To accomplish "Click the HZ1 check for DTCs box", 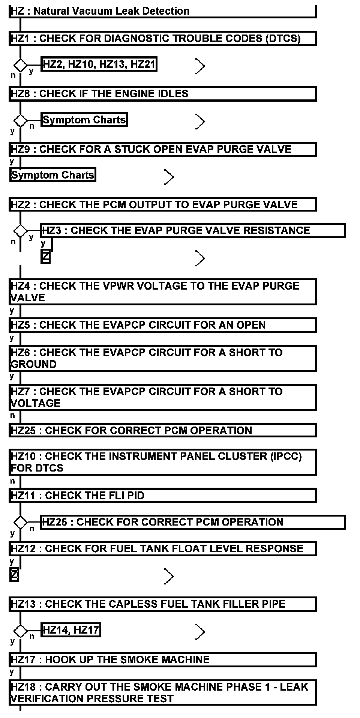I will pyautogui.click(x=162, y=39).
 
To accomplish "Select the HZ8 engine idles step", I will pyautogui.click(x=162, y=94).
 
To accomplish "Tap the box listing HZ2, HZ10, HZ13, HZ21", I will pyautogui.click(x=99, y=65).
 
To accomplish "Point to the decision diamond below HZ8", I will pyautogui.click(x=20, y=121).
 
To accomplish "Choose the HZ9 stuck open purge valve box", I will pyautogui.click(x=162, y=149).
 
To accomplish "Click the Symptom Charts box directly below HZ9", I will pyautogui.click(x=52, y=175).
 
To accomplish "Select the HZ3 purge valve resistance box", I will pyautogui.click(x=192, y=230).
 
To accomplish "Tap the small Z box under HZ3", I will pyautogui.click(x=45, y=257).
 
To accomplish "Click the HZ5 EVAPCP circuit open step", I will pyautogui.click(x=162, y=325).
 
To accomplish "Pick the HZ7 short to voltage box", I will pyautogui.click(x=162, y=397).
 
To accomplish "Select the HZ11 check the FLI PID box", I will pyautogui.click(x=162, y=496).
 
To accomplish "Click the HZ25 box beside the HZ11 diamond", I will pyautogui.click(x=192, y=522).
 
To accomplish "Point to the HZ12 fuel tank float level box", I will pyautogui.click(x=162, y=549).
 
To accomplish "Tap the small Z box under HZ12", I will pyautogui.click(x=14, y=574).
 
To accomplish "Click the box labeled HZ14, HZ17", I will pyautogui.click(x=70, y=630).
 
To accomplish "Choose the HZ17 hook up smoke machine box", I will pyautogui.click(x=162, y=659).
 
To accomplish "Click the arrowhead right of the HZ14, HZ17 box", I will pyautogui.click(x=201, y=632).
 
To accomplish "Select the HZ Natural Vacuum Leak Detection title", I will pyautogui.click(x=162, y=11).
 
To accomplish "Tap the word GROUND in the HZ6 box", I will pyautogui.click(x=34, y=364).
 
